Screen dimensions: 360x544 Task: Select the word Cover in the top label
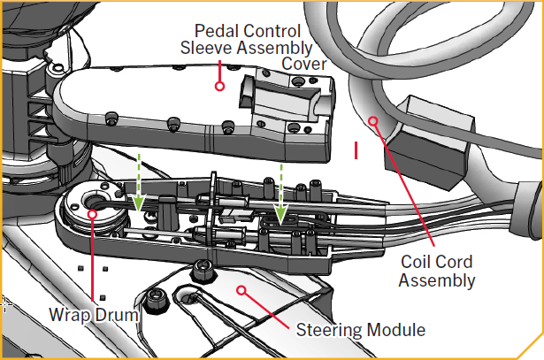pos(303,64)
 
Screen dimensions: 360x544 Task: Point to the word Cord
pos(454,262)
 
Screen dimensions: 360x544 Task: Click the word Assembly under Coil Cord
pos(437,280)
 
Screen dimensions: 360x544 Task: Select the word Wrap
pos(70,315)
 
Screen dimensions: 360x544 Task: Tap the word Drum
pos(117,315)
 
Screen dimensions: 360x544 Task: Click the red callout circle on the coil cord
pos(373,121)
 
